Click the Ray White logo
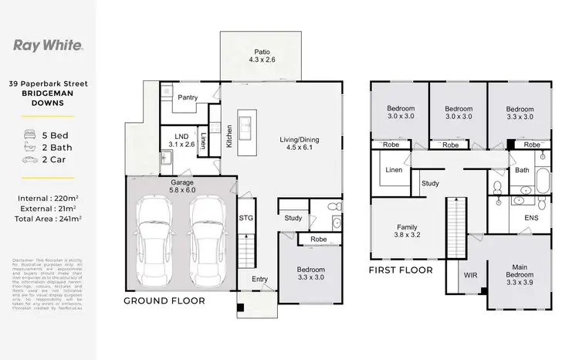coord(47,44)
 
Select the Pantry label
coord(188,98)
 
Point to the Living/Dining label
coord(299,144)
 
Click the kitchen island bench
coord(247,127)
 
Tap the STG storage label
coord(246,218)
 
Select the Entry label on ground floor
coord(257,280)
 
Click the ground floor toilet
coord(334,206)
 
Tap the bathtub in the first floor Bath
coord(543,181)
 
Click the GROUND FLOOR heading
coord(165,300)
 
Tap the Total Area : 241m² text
coord(49,219)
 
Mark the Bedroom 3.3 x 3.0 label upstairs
coord(518,113)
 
